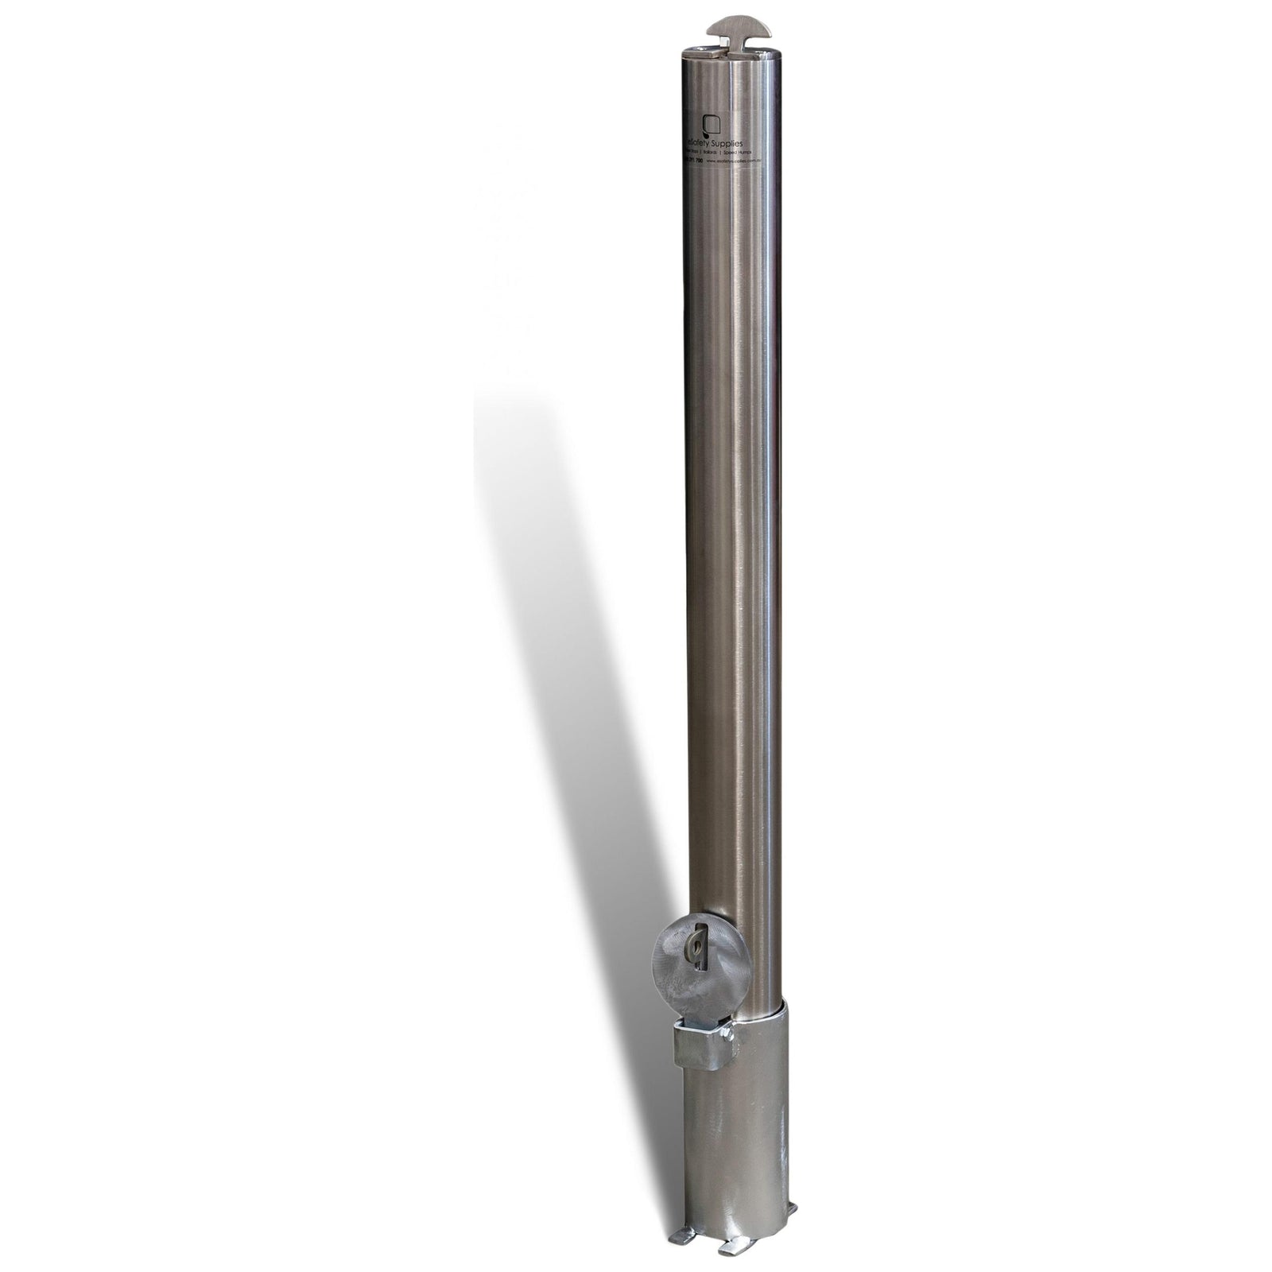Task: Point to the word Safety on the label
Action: pyautogui.click(x=712, y=140)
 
